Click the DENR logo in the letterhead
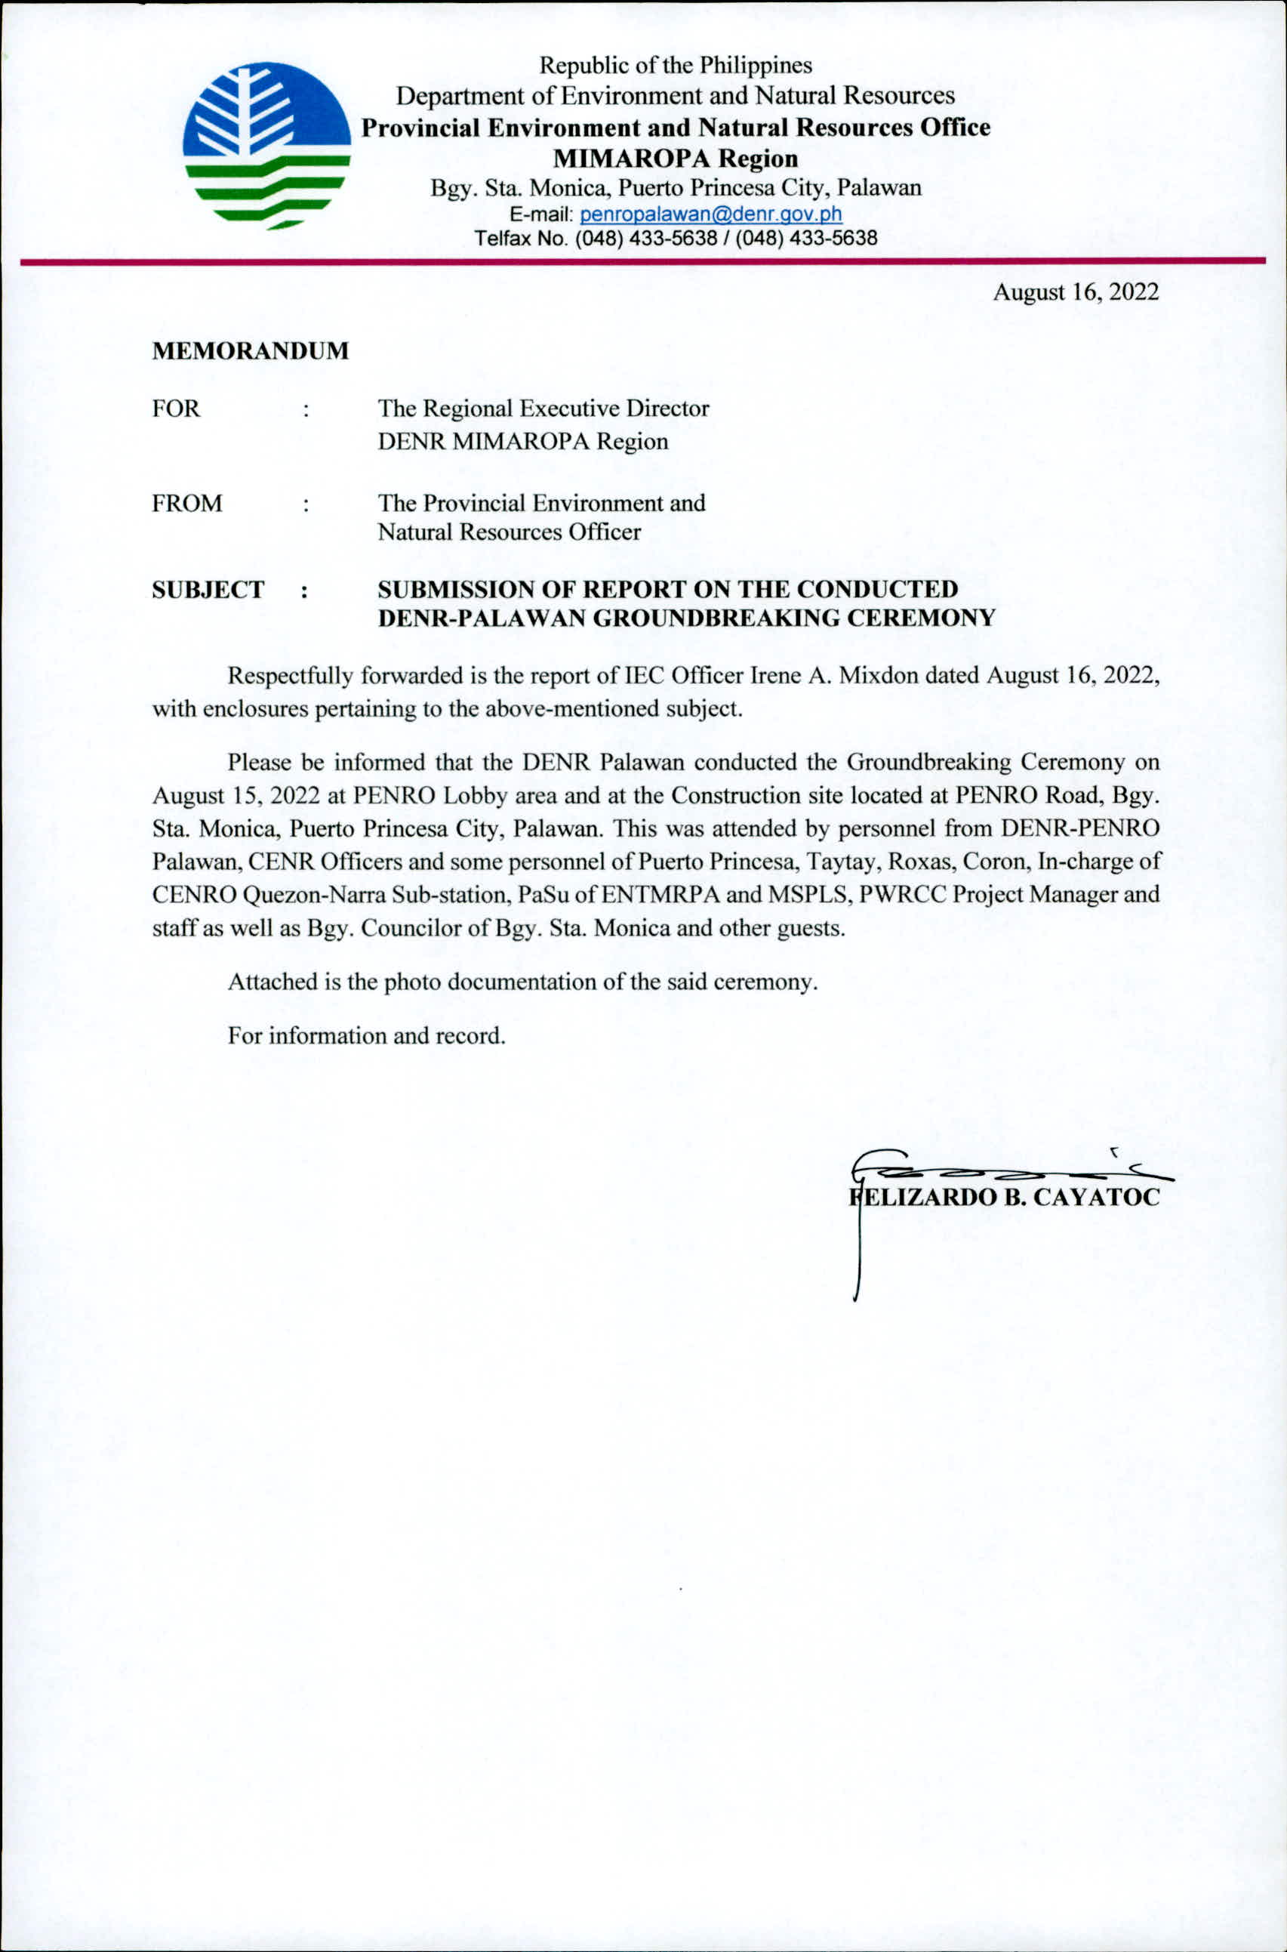click(x=266, y=146)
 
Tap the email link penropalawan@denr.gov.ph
click(x=711, y=215)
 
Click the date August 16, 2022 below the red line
click(x=1075, y=292)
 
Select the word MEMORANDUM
click(x=251, y=351)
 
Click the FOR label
click(x=176, y=409)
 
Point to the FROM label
click(x=186, y=503)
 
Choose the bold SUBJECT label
click(x=208, y=590)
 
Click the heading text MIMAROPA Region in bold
click(x=675, y=158)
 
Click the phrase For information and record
click(x=366, y=1035)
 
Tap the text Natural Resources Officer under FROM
click(x=509, y=532)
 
